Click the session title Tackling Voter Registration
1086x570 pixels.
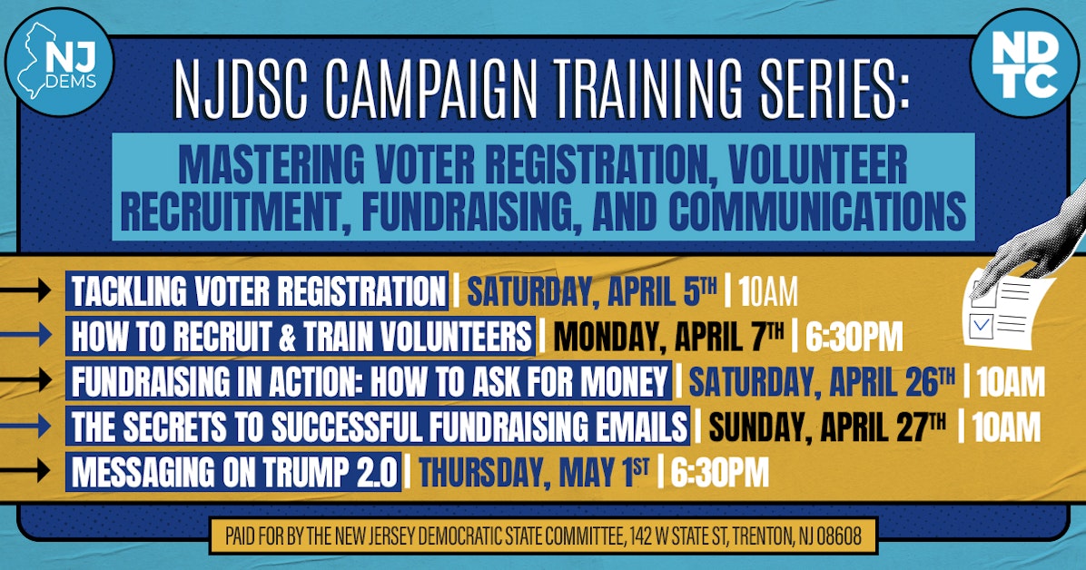click(257, 292)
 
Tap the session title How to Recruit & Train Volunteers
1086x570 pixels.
click(301, 337)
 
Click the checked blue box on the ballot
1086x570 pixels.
click(981, 323)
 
